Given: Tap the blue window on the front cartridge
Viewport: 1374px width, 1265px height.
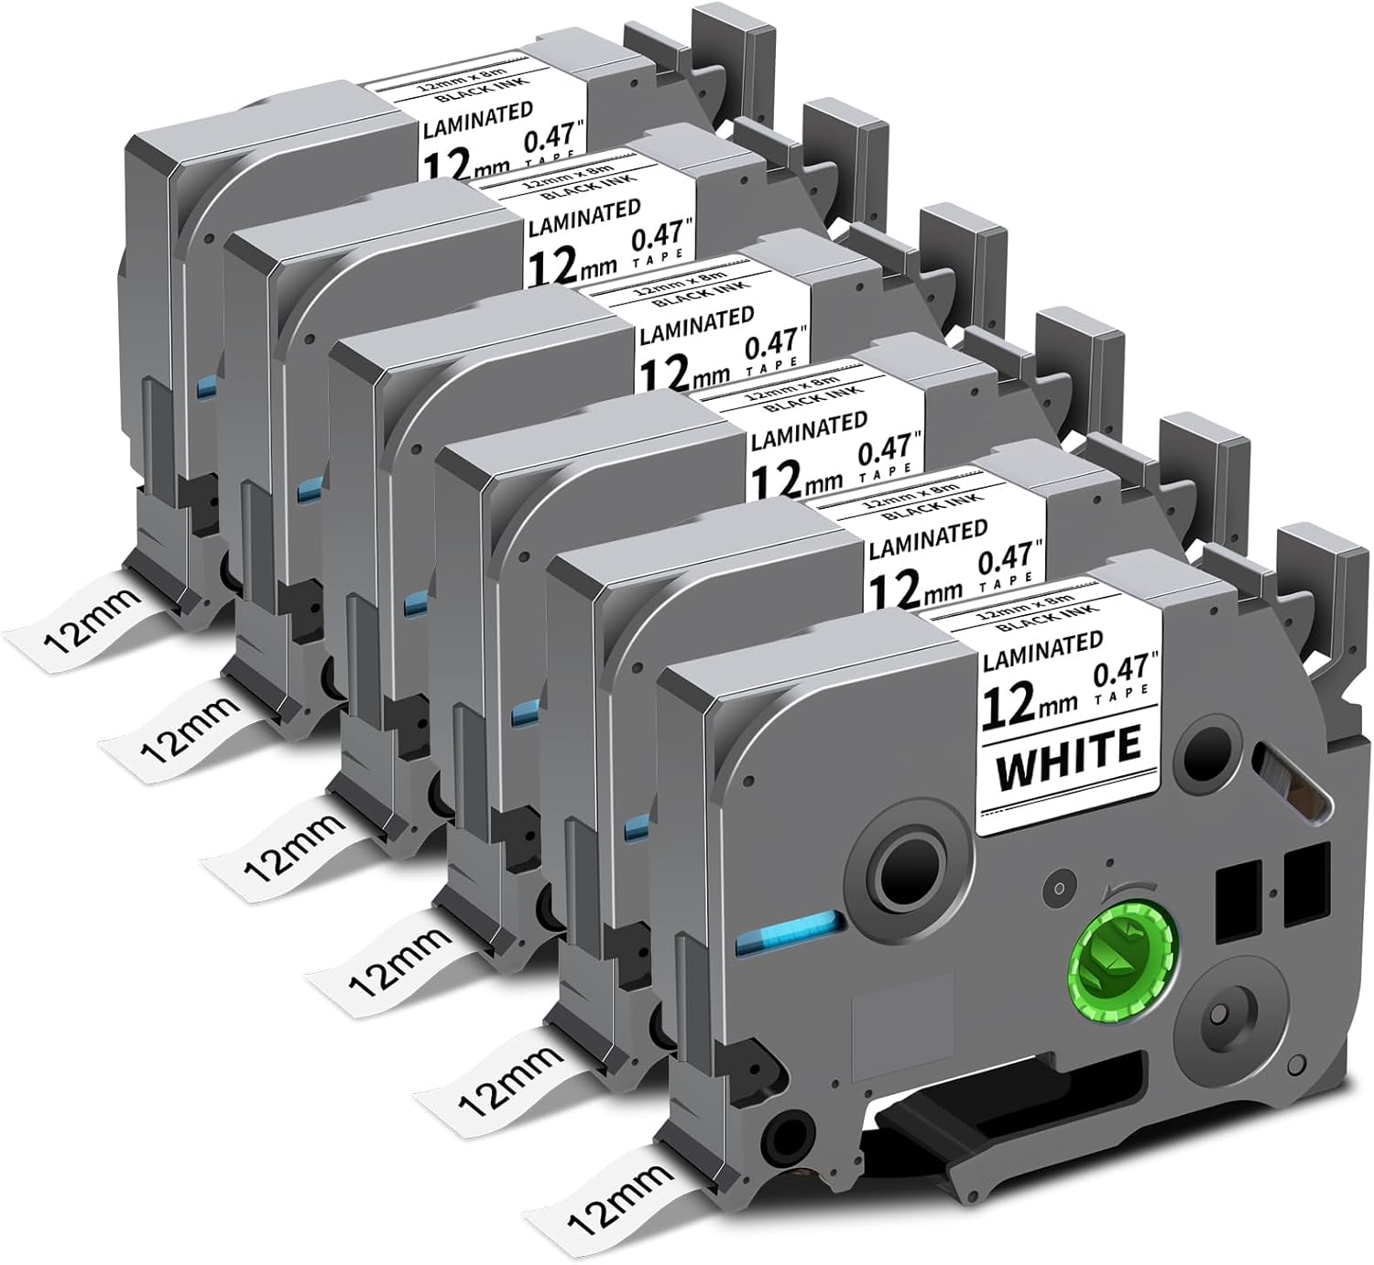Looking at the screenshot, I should (x=785, y=939).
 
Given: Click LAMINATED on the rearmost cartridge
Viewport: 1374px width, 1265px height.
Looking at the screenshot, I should (x=479, y=119).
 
